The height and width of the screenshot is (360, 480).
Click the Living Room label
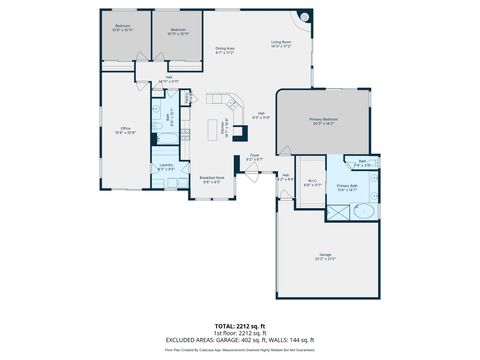tap(280, 43)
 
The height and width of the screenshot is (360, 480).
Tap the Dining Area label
tap(224, 50)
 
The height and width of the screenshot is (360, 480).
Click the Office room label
tap(126, 129)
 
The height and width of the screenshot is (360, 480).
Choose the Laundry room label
tap(166, 167)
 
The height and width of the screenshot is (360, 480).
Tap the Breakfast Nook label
tap(213, 179)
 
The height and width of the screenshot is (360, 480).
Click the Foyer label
tap(255, 156)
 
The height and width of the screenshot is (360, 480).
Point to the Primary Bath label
tap(347, 186)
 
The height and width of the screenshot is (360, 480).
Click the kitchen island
tap(213, 129)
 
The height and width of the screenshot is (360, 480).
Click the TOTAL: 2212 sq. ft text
tap(240, 324)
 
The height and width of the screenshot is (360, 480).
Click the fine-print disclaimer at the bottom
tap(240, 350)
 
